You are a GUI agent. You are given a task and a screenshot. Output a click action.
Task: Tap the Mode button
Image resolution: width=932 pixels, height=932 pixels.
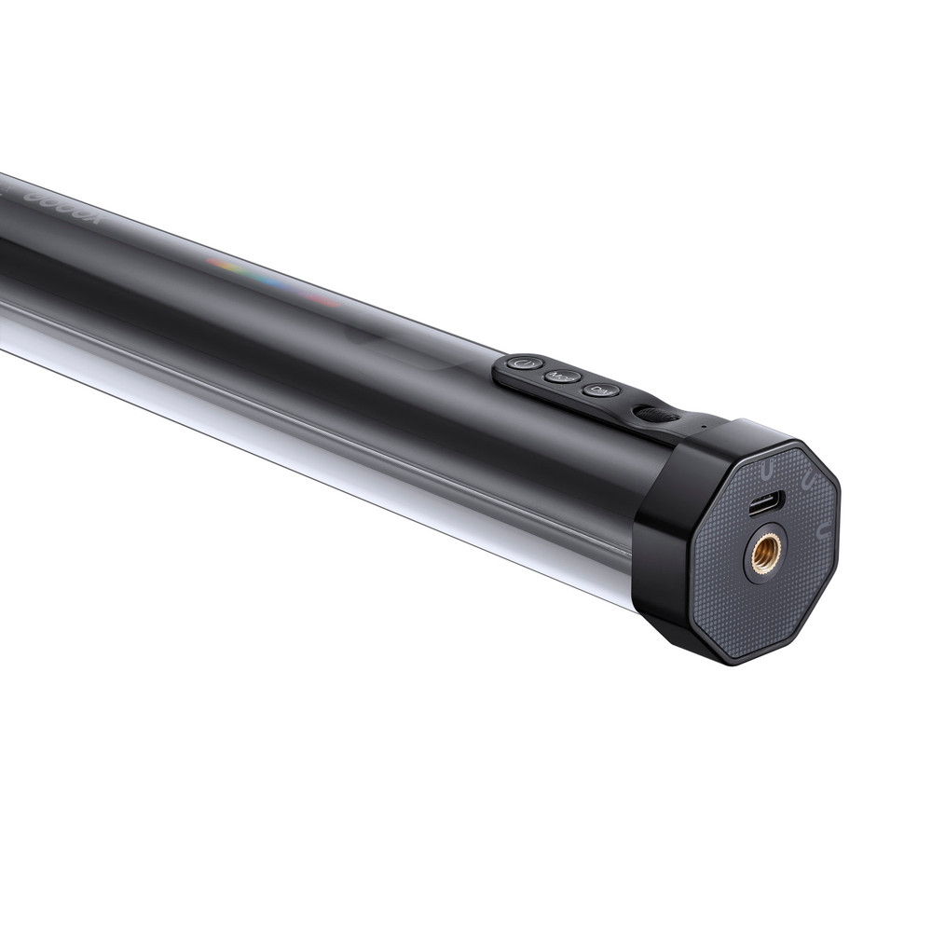coord(563,377)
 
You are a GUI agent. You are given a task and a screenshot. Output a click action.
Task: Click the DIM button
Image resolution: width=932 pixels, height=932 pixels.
coord(601,390)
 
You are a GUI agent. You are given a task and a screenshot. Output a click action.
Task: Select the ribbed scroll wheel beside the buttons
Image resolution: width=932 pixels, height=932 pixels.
coord(656,414)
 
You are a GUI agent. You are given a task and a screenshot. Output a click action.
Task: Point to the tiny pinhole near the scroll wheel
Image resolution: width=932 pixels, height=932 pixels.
coord(703,429)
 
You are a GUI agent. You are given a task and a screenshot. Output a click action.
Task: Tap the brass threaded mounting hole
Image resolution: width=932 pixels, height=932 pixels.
coord(766,552)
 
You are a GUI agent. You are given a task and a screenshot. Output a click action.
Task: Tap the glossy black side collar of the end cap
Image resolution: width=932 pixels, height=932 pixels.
coord(664,550)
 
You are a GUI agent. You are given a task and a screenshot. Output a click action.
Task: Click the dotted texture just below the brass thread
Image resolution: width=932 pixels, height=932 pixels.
coord(760,610)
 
